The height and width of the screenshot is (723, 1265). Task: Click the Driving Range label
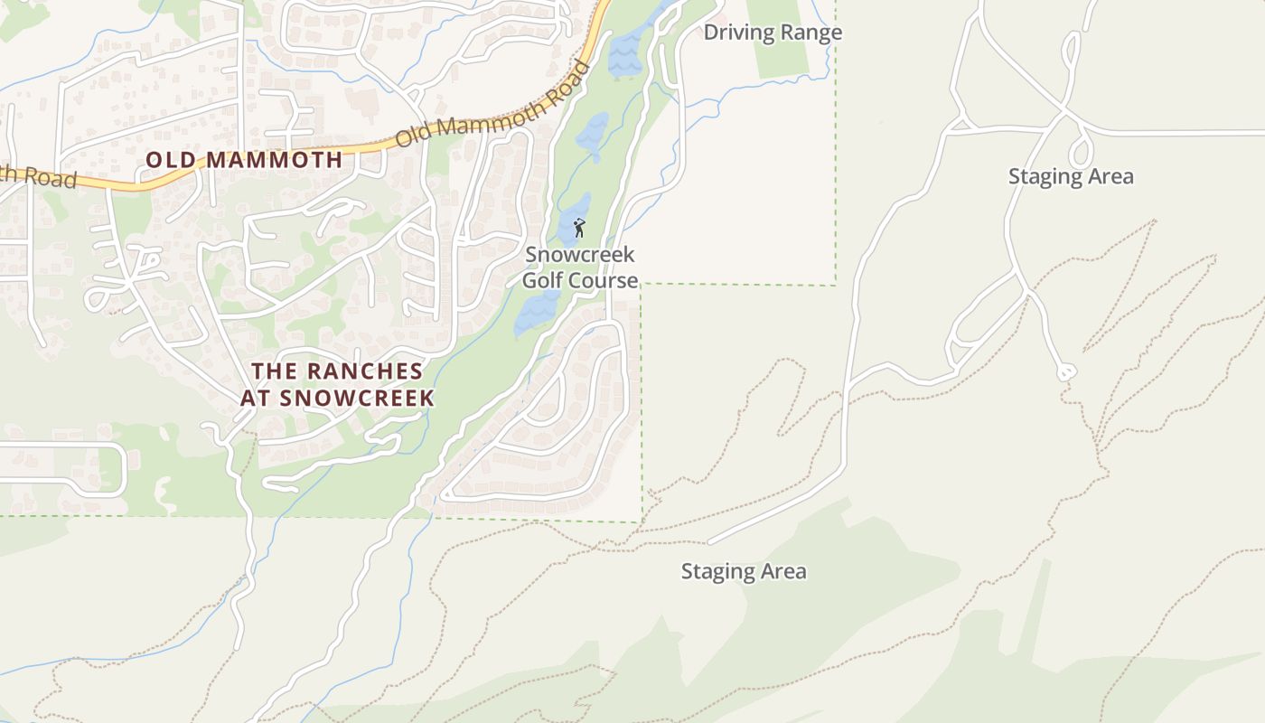773,33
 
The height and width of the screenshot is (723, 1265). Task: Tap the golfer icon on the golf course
579,228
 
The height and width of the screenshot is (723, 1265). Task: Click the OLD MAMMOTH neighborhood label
244,160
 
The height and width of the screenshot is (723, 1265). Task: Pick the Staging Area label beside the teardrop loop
1071,176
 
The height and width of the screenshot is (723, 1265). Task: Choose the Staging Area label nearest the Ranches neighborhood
743,571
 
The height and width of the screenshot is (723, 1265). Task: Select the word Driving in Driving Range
739,33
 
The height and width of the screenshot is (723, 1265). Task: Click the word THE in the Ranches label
275,371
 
